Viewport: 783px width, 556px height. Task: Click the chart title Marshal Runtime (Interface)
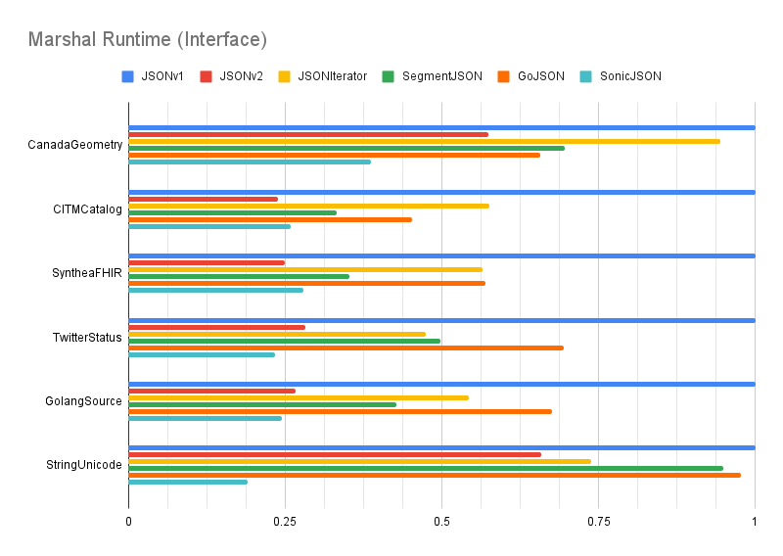click(148, 40)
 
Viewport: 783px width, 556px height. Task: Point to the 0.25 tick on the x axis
click(285, 523)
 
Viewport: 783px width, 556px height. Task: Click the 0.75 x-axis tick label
click(598, 523)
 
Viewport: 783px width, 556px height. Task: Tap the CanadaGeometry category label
click(75, 145)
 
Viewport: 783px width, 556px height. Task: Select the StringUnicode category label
click(79, 465)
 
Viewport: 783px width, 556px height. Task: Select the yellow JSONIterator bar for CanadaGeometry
click(424, 141)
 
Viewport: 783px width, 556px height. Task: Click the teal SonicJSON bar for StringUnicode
click(188, 482)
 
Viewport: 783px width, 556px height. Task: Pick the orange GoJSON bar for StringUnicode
click(435, 475)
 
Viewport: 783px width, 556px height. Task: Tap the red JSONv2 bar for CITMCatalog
click(204, 199)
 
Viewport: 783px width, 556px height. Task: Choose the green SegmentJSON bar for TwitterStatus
click(284, 341)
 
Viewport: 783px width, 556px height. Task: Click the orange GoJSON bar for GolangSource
click(340, 411)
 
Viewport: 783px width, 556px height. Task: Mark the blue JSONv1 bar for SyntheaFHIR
click(441, 256)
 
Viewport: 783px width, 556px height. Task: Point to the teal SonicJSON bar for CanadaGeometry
click(250, 162)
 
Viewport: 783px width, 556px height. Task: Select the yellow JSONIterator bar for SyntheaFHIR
click(305, 269)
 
